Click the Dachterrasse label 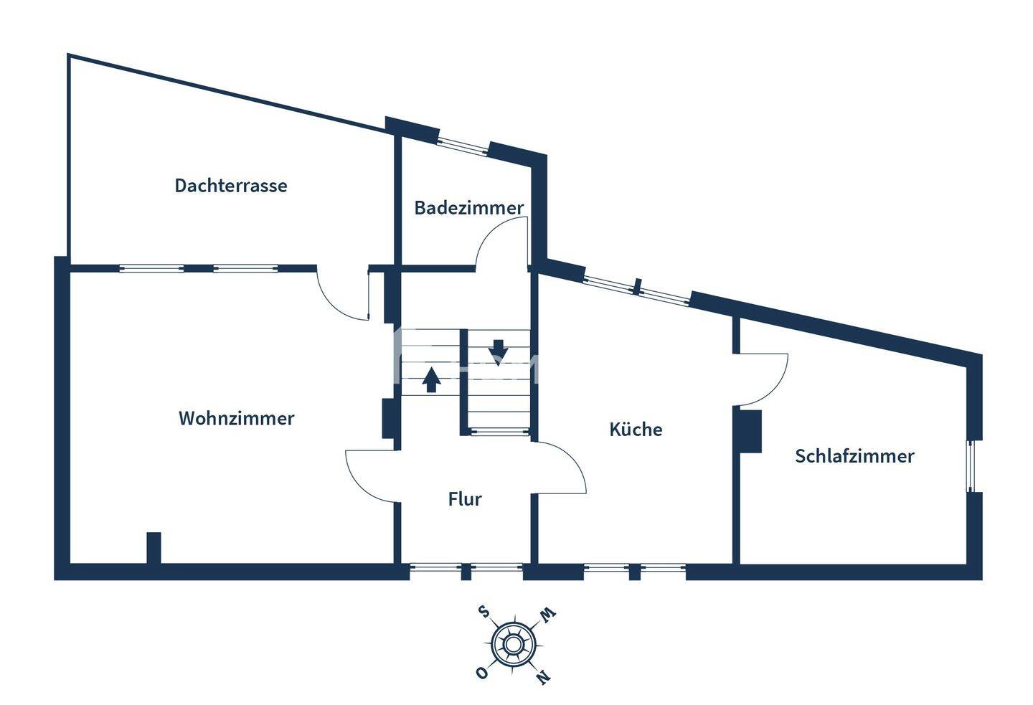pos(230,185)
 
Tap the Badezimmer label pos(469,207)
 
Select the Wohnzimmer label pos(236,418)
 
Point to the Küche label pos(636,430)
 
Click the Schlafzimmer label pos(854,456)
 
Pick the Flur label pos(465,499)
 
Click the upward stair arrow pos(431,379)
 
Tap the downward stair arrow pos(498,353)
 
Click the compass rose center pos(512,644)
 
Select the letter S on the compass pos(484,612)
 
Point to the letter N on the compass pos(543,677)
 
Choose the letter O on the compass pos(482,673)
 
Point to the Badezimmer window pos(463,146)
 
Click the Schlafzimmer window pos(971,465)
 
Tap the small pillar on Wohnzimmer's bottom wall pos(154,548)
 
